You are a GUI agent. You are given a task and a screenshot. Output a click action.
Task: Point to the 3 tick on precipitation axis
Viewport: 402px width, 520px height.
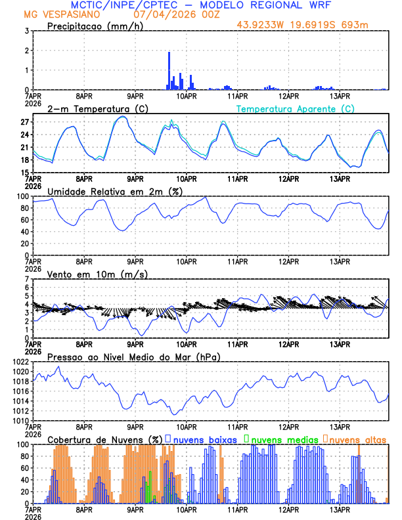coord(26,31)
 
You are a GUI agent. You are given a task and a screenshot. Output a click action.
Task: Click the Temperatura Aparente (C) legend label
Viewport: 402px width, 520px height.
coord(296,108)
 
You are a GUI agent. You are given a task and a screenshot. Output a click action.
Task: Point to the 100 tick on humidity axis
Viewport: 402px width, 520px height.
coord(21,196)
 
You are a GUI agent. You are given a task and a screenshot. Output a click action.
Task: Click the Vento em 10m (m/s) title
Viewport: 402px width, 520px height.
coord(97,274)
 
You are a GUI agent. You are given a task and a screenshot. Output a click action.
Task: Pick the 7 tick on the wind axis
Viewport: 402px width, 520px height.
coord(26,279)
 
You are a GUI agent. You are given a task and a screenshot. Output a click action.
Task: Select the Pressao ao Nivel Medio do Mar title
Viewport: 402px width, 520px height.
coord(133,357)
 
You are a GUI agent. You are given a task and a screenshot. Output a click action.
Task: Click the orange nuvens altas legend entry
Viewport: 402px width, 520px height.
coord(358,439)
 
